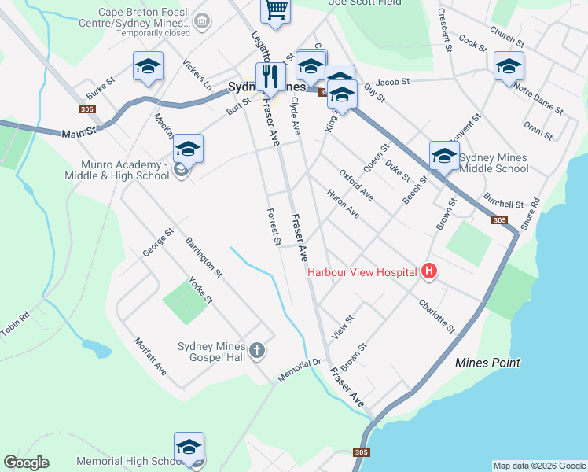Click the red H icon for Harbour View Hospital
click(x=429, y=272)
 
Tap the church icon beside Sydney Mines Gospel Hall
click(x=258, y=352)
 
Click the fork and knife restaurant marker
click(x=270, y=76)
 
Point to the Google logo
click(x=26, y=463)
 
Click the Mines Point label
click(x=487, y=363)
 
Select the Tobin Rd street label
click(x=15, y=322)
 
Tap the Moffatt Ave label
click(x=150, y=356)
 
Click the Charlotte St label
click(x=437, y=315)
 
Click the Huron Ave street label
click(x=343, y=204)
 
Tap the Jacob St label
click(x=393, y=82)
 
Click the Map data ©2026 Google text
click(x=539, y=466)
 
